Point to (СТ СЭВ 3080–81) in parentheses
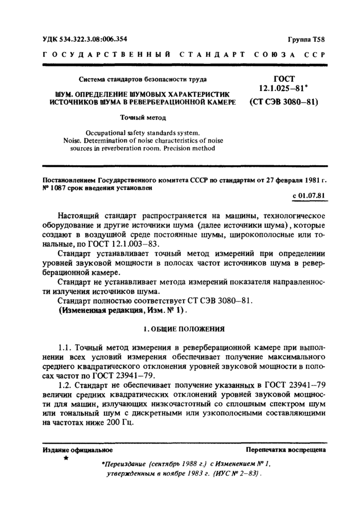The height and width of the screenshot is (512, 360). pos(283,102)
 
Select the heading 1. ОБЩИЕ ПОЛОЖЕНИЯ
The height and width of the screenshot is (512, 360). pos(182,328)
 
